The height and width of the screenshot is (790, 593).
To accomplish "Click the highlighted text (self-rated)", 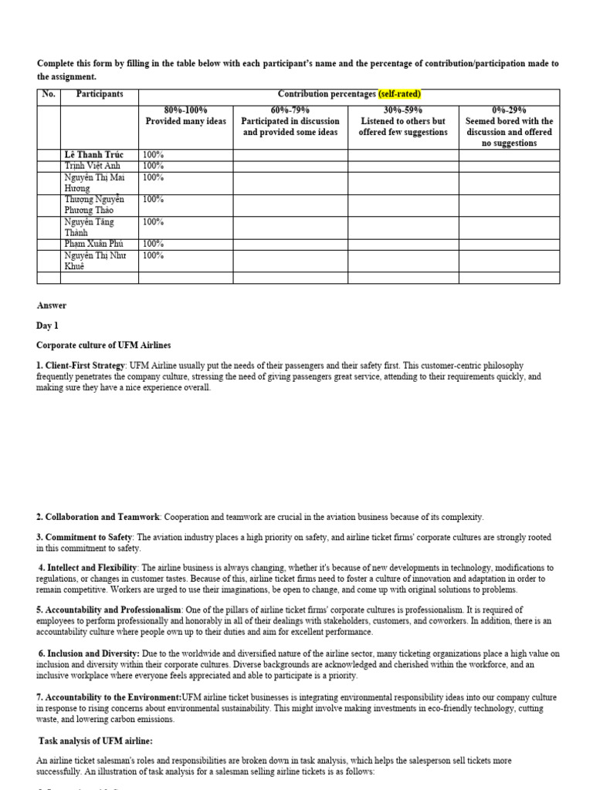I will click(399, 94).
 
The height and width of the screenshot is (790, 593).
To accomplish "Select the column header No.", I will click(49, 94).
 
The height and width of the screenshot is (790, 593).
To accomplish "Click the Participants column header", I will click(100, 94).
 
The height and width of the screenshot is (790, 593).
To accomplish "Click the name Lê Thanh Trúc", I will click(93, 155).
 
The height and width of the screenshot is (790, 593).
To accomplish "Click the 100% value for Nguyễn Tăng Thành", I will click(153, 222).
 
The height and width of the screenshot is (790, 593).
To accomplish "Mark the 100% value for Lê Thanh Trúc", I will click(153, 155).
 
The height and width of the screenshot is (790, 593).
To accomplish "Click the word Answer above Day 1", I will click(52, 306).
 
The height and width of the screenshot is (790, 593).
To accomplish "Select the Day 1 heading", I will click(48, 326).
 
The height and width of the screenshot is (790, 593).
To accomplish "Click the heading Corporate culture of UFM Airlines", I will click(104, 345).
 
